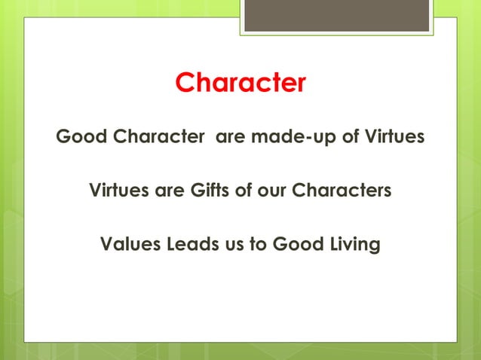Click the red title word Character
(240, 83)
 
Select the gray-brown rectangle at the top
(336, 15)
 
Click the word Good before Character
(80, 138)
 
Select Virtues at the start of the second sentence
(118, 190)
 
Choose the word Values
(127, 245)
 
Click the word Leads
(188, 245)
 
